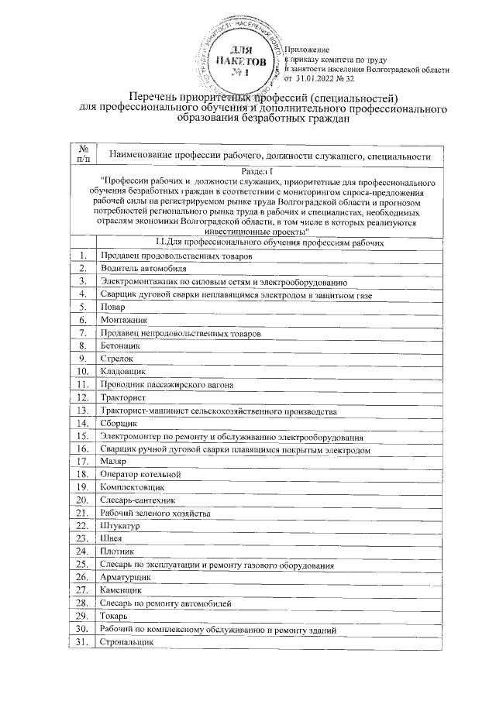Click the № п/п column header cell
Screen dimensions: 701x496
pyautogui.click(x=83, y=156)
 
